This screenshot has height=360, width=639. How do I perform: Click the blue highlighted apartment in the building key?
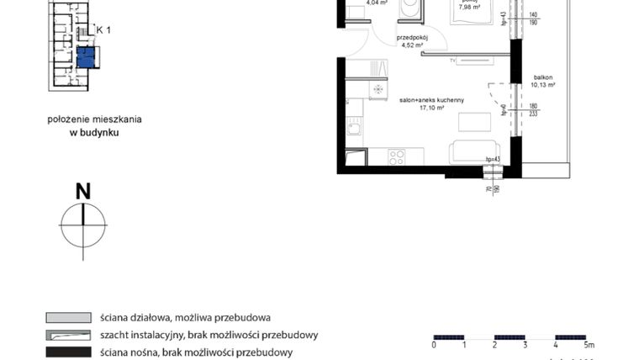86,57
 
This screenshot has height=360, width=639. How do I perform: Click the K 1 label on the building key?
104,29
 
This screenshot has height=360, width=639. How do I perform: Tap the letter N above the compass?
83,191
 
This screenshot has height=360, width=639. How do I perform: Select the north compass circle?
83,225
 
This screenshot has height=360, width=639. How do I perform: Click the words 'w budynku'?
94,132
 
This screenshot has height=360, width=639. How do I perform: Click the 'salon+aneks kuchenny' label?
432,99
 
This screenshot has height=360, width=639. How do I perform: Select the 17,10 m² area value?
432,108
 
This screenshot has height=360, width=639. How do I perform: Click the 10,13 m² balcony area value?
544,85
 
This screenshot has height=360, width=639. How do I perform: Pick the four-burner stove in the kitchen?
396,156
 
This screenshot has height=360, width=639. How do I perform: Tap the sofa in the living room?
476,152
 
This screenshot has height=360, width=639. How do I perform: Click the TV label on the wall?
452,61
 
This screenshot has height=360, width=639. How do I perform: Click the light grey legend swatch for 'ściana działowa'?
68,318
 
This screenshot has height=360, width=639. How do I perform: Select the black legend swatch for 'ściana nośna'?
68,352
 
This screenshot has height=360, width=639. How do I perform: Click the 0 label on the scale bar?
434,344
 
